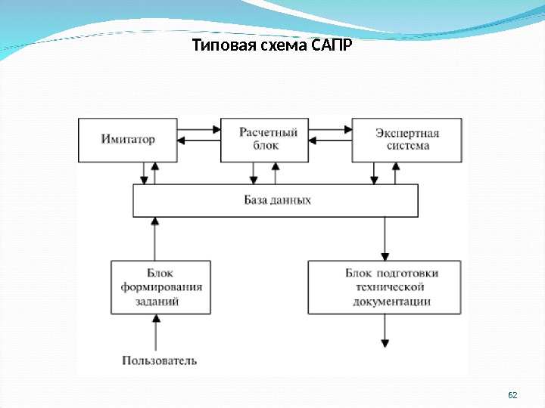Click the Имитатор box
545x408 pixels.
[128, 139]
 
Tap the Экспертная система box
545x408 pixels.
[407, 139]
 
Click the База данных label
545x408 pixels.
[277, 201]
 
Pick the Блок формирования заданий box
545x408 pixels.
[161, 287]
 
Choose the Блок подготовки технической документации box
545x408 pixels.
[384, 287]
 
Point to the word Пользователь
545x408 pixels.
[160, 360]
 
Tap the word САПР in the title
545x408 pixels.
[332, 47]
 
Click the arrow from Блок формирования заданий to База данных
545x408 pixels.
[156, 238]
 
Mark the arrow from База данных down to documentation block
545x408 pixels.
[385, 238]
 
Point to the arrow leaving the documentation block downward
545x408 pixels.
[385, 329]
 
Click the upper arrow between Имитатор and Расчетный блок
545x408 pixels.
[199, 128]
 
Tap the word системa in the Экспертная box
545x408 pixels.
[407, 146]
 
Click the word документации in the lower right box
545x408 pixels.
[391, 301]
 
